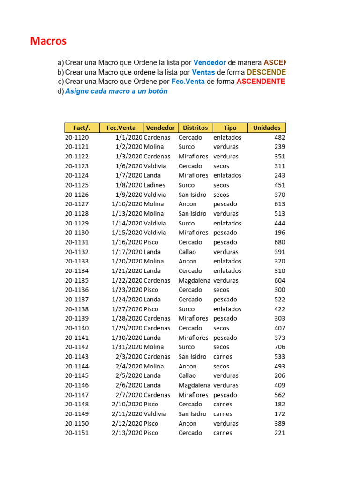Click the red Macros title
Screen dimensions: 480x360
(x=48, y=41)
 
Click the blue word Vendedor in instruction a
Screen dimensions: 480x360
(x=210, y=62)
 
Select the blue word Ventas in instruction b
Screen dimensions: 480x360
(x=203, y=72)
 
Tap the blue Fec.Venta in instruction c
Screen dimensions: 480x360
(x=188, y=82)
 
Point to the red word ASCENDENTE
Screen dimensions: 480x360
(x=261, y=82)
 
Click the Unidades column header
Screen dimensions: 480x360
(x=266, y=127)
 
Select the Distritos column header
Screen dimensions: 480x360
(x=195, y=127)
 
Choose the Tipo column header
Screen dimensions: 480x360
(x=230, y=127)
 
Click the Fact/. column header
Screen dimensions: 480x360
(x=82, y=127)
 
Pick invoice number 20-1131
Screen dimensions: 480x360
(x=76, y=242)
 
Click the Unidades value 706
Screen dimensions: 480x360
(x=279, y=347)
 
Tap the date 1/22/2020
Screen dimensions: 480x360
(x=127, y=280)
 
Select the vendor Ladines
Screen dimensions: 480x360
(x=154, y=185)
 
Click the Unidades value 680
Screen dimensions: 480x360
(x=279, y=242)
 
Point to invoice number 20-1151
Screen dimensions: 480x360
(x=76, y=433)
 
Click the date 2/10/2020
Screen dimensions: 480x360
(x=127, y=404)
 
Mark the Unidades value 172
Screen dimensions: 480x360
(x=279, y=414)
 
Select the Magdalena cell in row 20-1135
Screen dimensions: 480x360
(x=195, y=280)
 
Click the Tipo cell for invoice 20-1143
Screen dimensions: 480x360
(x=223, y=357)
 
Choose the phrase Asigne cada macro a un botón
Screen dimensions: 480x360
(x=116, y=91)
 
